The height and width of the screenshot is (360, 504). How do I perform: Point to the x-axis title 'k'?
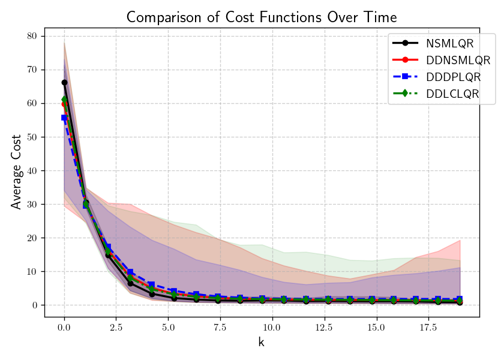[x=262, y=343]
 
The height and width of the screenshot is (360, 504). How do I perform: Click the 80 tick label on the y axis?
[x=32, y=36]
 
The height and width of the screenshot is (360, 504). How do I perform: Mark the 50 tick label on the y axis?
[x=32, y=137]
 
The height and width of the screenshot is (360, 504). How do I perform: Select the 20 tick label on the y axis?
[x=32, y=238]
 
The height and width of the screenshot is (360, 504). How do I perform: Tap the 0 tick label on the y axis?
[x=34, y=305]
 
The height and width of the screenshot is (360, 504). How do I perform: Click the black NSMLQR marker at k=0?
[x=64, y=82]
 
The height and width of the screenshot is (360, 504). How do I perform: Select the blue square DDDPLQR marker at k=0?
[x=64, y=118]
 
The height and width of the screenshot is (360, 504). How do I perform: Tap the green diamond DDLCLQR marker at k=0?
[x=64, y=100]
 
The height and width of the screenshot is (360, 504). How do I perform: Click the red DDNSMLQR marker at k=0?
[x=64, y=104]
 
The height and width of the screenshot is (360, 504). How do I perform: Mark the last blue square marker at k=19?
[x=460, y=299]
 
